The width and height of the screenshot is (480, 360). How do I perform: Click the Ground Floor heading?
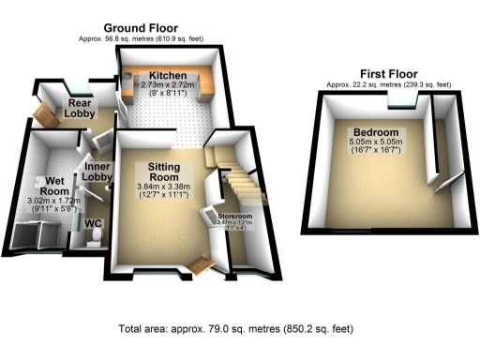(140, 29)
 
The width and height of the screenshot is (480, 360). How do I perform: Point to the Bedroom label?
(371, 131)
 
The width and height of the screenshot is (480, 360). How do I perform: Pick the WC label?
(94, 225)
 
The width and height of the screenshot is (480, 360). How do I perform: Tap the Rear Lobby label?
(81, 107)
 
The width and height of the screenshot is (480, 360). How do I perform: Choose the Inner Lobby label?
(98, 171)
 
